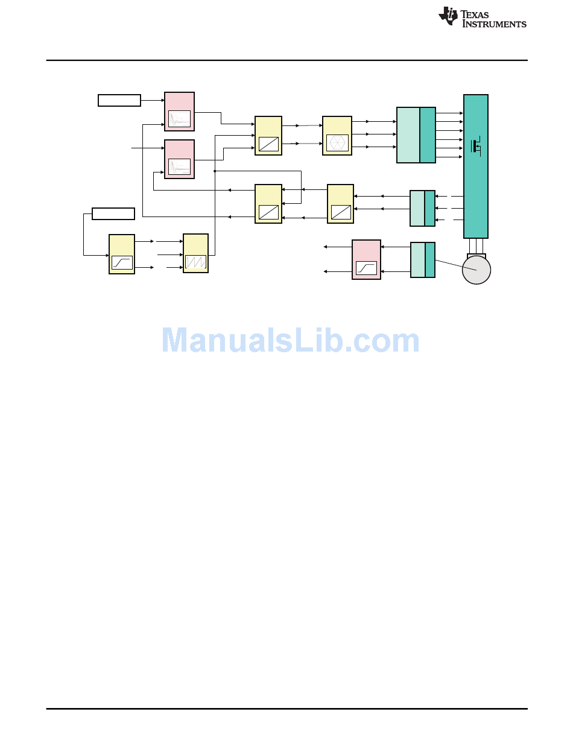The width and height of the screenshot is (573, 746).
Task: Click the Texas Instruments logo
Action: tap(482, 17)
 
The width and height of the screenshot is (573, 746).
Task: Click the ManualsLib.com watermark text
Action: tap(291, 341)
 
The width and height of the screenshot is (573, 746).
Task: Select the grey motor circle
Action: tap(476, 270)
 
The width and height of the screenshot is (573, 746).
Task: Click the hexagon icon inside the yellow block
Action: tap(337, 143)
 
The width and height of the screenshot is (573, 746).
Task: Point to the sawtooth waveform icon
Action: tap(195, 262)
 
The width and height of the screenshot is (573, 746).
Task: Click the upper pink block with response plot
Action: tap(179, 111)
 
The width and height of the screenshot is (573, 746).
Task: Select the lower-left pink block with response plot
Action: tap(179, 159)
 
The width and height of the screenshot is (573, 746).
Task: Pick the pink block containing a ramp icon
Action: tap(366, 259)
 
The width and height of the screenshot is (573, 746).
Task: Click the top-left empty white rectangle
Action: tap(119, 100)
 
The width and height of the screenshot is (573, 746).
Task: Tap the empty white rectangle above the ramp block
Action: tap(113, 213)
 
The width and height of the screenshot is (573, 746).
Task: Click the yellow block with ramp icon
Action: tap(122, 254)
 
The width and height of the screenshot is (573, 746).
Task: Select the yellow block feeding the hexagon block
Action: tap(268, 136)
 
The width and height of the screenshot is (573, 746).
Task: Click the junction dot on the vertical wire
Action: tap(215, 171)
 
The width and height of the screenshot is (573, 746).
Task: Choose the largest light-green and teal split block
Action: tap(416, 135)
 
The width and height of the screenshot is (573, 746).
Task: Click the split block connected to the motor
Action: tap(422, 259)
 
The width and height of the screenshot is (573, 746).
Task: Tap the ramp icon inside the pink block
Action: tap(366, 267)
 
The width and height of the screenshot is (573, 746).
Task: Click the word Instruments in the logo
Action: tap(494, 24)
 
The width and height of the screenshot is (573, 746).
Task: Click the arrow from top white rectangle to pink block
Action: tap(153, 100)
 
